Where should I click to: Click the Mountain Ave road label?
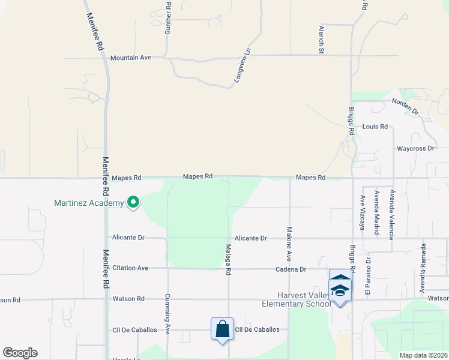coord(130,58)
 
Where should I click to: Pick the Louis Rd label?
coord(375,127)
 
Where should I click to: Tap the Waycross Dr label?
coord(415,148)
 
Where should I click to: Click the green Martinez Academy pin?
coord(133,203)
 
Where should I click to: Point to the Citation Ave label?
coord(130,268)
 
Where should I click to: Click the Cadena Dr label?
coord(291,269)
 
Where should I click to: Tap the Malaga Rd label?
coord(228,262)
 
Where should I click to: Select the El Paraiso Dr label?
coord(369,277)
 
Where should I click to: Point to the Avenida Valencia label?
coord(392,214)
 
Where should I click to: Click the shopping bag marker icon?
coord(222,329)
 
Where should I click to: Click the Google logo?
coord(20,353)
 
